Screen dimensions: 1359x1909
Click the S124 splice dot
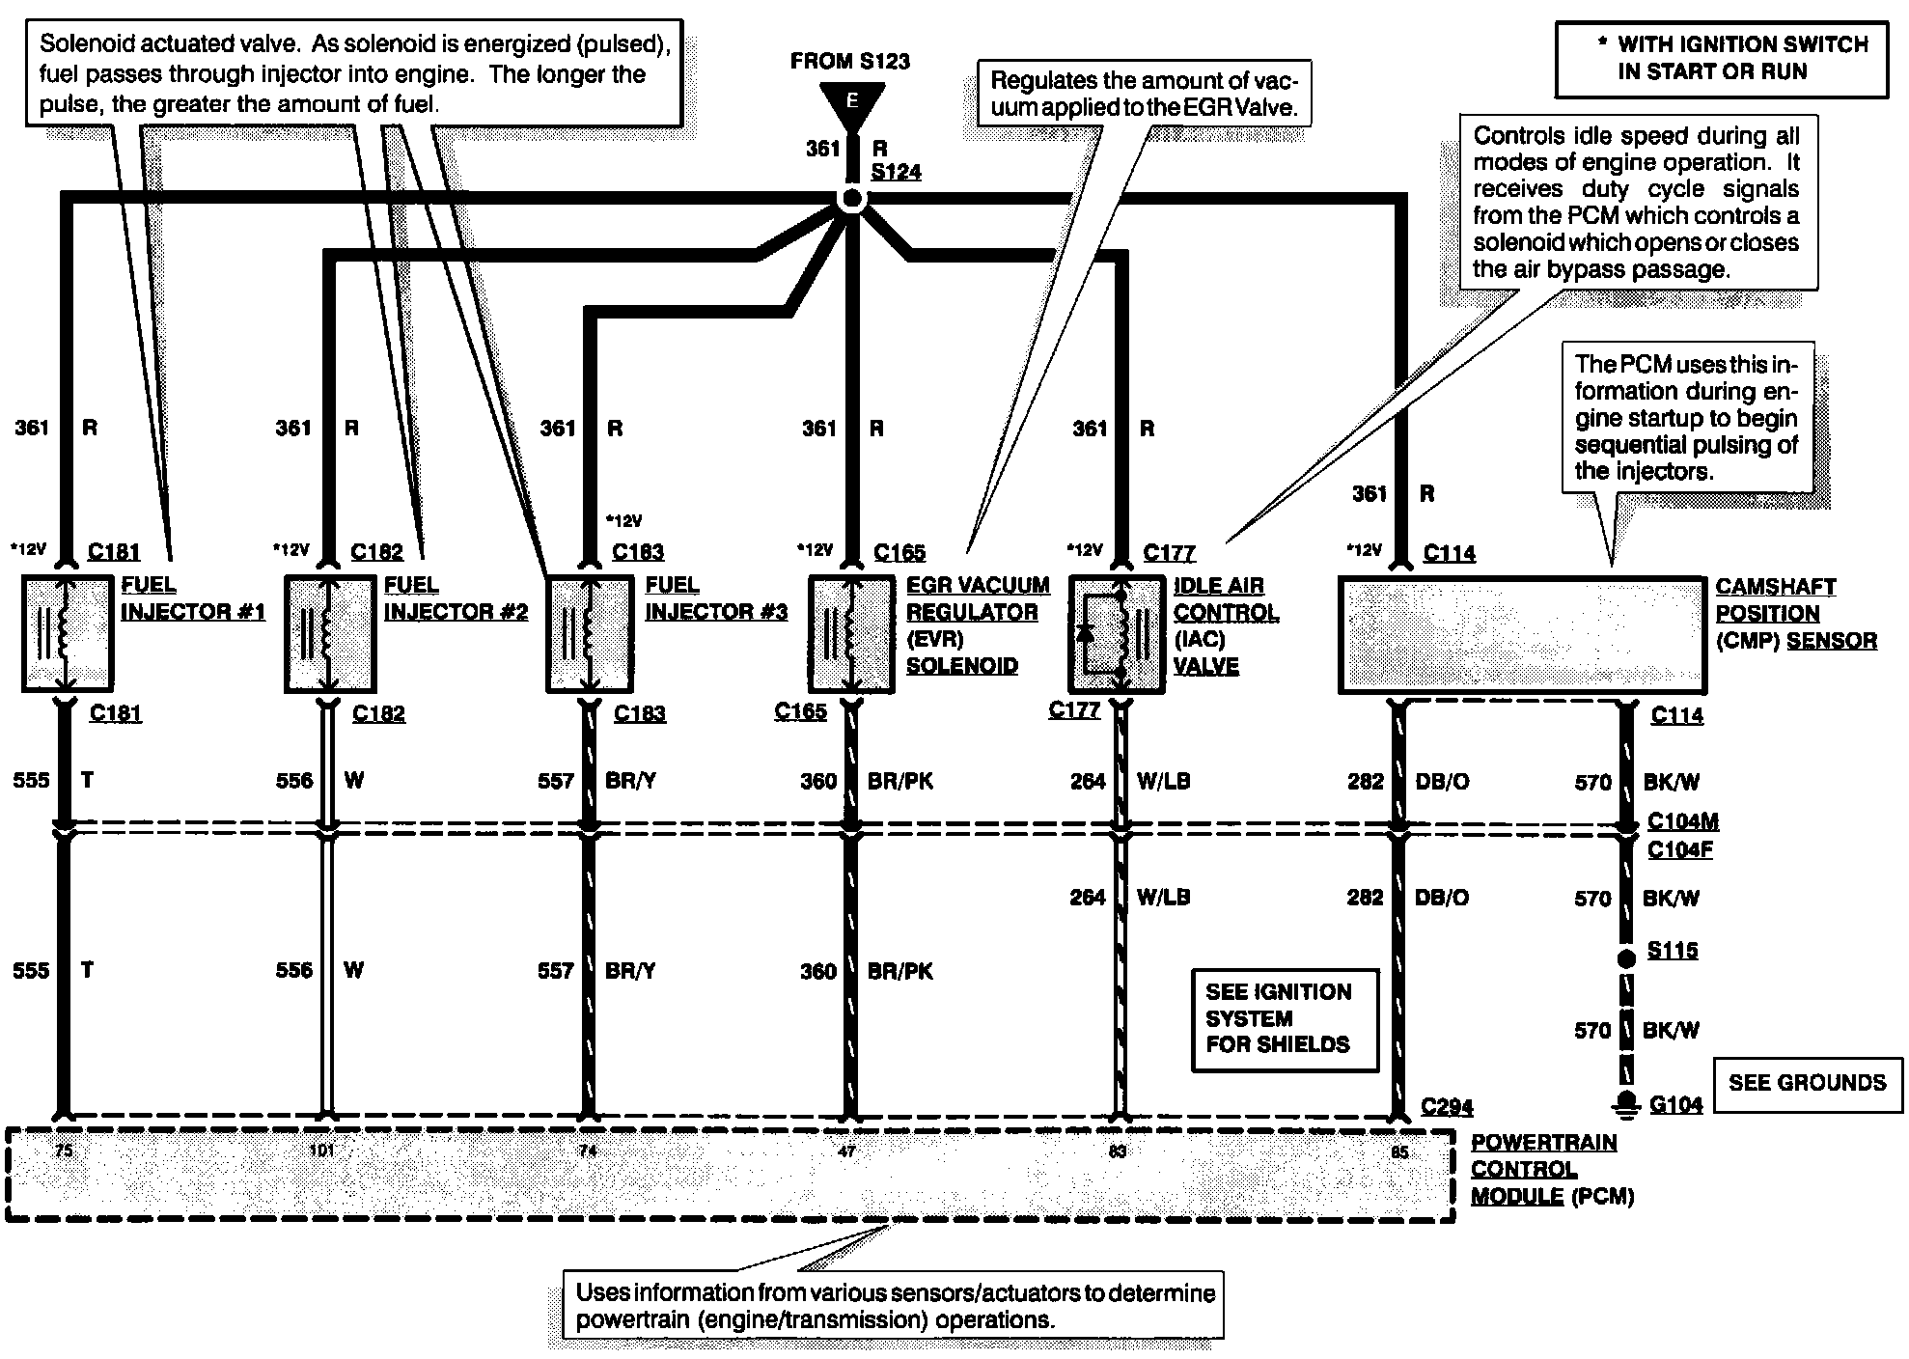852,200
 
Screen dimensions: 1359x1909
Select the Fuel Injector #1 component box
68,633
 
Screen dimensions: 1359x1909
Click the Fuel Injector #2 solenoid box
330,633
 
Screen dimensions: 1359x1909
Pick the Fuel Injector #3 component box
590,633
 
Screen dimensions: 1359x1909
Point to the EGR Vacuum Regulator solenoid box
851,633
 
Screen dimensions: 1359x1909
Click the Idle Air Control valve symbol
1118,633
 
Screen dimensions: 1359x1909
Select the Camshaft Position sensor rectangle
1522,634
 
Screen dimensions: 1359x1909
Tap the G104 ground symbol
1627,1103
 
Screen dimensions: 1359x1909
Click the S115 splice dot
1627,958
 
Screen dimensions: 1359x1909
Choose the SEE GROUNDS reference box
1807,1083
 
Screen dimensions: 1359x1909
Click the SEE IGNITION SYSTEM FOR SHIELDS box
1285,1019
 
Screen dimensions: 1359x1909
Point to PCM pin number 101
321,1151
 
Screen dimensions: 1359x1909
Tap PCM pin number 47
846,1151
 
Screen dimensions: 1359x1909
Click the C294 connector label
1447,1107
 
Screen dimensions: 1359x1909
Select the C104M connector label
1682,821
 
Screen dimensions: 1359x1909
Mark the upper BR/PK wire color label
900,781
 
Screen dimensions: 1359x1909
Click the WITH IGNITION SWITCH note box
1721,58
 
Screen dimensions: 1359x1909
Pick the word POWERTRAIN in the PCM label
1543,1143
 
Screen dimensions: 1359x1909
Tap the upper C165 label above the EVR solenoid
899,553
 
